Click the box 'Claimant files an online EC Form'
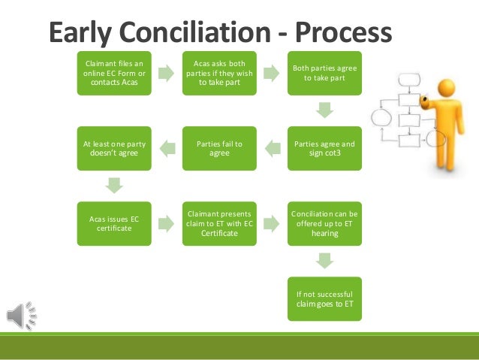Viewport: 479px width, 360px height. click(x=113, y=73)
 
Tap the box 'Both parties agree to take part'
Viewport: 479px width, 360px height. click(x=324, y=73)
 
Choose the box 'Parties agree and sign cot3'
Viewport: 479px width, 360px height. click(x=324, y=147)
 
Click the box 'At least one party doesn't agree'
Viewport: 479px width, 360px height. click(x=113, y=147)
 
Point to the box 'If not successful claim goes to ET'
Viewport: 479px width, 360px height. click(x=324, y=298)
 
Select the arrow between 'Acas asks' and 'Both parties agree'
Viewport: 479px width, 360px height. click(x=271, y=73)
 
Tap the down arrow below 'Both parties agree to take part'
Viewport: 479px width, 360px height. click(x=324, y=110)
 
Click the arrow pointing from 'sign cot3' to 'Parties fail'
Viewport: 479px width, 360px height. click(x=271, y=147)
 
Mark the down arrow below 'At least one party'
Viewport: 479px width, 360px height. click(x=113, y=184)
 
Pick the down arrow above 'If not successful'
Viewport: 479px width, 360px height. click(x=324, y=260)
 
